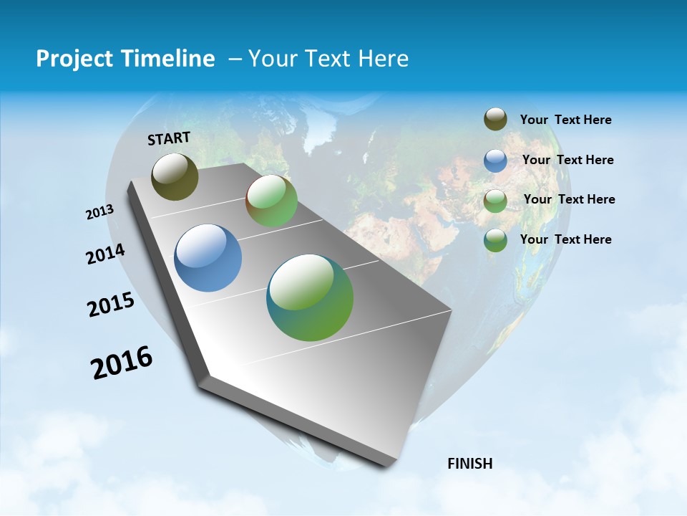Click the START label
pos(169,138)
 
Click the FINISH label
pos(469,464)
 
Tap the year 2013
pos(99,212)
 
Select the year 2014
pos(105,254)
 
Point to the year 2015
pos(110,305)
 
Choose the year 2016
pos(122,363)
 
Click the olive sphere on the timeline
pos(175,176)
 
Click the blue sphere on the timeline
pos(208,258)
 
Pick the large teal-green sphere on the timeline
pos(310,297)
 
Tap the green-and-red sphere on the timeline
pos(271,201)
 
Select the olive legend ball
pos(495,120)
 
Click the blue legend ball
pos(495,161)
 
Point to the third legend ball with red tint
pos(495,200)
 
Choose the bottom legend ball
pos(495,240)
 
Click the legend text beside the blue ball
pos(567,160)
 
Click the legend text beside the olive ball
pos(565,120)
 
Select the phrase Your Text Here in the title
pos(328,59)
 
